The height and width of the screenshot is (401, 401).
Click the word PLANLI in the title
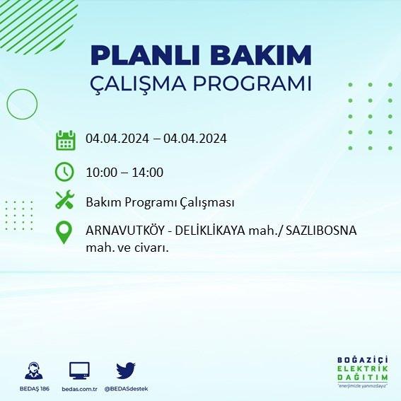(145, 55)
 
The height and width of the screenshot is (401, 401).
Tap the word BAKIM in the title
(260, 55)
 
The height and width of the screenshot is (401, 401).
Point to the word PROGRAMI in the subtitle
(252, 83)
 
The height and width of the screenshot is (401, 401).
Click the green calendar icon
(66, 140)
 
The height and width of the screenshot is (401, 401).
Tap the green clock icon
(64, 172)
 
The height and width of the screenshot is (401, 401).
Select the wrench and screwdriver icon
(65, 199)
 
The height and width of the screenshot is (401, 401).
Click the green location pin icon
(64, 232)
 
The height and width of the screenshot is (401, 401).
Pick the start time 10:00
(101, 173)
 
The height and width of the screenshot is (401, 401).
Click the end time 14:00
(148, 173)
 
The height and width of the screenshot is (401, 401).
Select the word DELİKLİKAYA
(210, 231)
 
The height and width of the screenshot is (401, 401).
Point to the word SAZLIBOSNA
(321, 231)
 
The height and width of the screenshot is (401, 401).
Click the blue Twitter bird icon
(126, 371)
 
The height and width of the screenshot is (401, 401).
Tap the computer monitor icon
(79, 371)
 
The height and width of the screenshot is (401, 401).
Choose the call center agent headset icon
(34, 371)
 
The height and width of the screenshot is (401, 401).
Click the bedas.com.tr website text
(79, 389)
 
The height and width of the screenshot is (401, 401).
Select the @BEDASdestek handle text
(126, 389)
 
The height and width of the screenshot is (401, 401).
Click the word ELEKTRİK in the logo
(362, 368)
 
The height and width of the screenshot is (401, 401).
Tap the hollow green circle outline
(7, 105)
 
